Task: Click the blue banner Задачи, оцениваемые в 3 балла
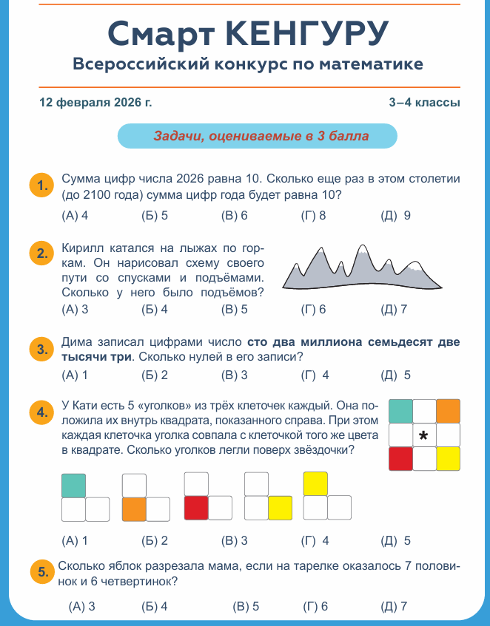[x=258, y=136]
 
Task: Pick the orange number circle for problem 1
[x=41, y=184]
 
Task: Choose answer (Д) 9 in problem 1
[x=395, y=216]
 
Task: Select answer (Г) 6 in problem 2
[x=314, y=310]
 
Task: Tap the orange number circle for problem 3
[x=41, y=349]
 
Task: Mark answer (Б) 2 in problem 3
[x=155, y=375]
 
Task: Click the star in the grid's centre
[x=424, y=435]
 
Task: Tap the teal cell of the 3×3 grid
[x=400, y=411]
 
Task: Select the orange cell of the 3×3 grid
[x=449, y=411]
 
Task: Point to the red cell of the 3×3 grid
[x=400, y=459]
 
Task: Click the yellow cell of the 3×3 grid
[x=449, y=459]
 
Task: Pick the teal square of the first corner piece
[x=73, y=485]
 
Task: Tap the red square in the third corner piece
[x=195, y=508]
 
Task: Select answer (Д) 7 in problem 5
[x=395, y=607]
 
